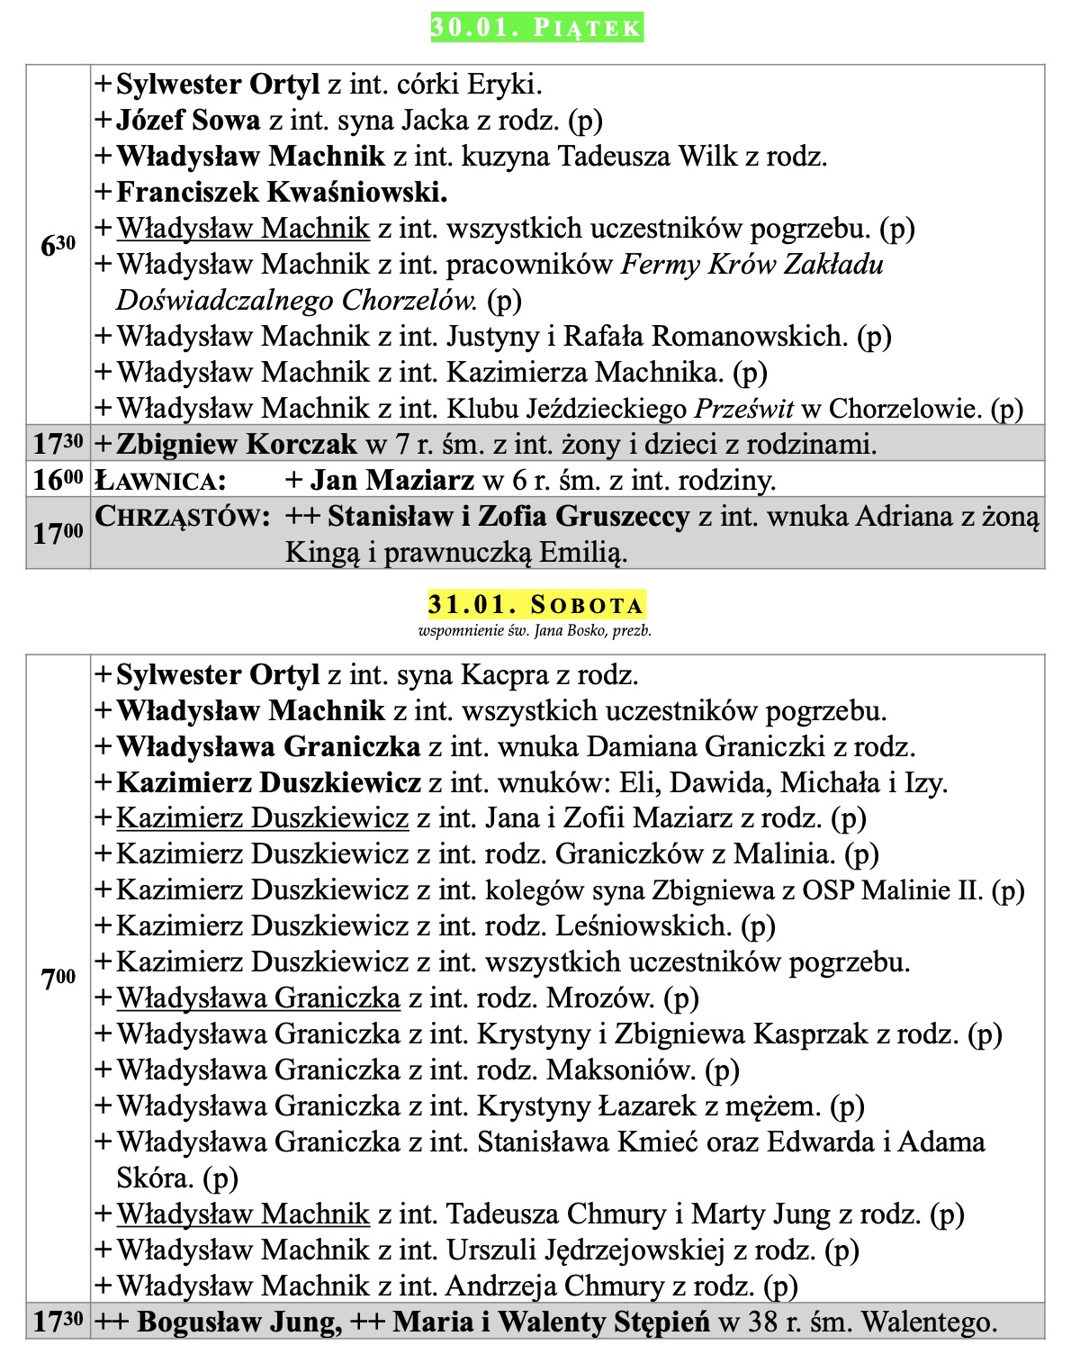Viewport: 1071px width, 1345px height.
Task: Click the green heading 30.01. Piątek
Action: pyautogui.click(x=536, y=27)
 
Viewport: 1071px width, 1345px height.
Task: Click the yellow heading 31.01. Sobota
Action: pyautogui.click(x=536, y=603)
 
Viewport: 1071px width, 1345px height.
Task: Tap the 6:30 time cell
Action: pyautogui.click(x=58, y=245)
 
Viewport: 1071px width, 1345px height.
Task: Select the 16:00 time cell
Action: pyautogui.click(x=58, y=480)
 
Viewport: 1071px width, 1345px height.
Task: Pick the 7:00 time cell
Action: pyautogui.click(x=58, y=979)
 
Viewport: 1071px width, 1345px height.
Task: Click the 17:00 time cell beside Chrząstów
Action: pyautogui.click(x=58, y=534)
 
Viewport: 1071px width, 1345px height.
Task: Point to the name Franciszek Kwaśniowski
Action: pyautogui.click(x=282, y=192)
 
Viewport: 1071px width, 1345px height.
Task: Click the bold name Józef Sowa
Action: pyautogui.click(x=188, y=120)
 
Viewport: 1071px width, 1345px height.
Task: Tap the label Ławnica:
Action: pyautogui.click(x=160, y=481)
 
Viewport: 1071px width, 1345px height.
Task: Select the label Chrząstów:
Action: pyautogui.click(x=183, y=517)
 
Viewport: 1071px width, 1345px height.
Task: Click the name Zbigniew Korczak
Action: pyautogui.click(x=237, y=444)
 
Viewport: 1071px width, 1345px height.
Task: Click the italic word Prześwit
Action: pyautogui.click(x=743, y=409)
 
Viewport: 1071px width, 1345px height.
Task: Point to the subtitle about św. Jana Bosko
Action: pyautogui.click(x=535, y=631)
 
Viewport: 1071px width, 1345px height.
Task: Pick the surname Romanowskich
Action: pyautogui.click(x=750, y=337)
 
